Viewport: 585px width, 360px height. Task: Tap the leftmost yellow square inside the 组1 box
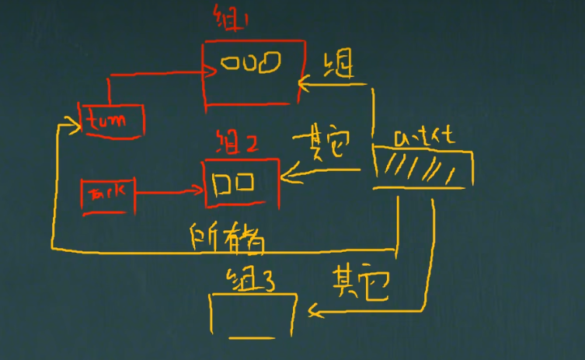228,63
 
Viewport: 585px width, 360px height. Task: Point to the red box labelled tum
113,120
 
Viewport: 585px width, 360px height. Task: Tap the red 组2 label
238,145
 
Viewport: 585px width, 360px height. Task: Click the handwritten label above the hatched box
423,138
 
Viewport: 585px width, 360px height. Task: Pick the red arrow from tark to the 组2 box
167,188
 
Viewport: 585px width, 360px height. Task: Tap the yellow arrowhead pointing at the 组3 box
314,313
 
